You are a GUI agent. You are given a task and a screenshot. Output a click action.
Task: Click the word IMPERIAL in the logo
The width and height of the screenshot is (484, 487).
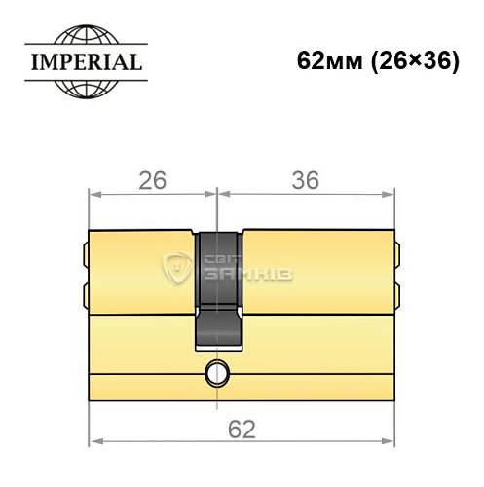point(82,65)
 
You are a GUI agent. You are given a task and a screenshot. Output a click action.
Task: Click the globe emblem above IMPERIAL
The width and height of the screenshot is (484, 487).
point(82,40)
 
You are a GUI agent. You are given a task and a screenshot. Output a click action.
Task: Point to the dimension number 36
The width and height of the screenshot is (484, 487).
point(306,180)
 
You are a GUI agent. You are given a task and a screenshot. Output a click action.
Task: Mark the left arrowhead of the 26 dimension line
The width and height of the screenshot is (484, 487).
point(94,193)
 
